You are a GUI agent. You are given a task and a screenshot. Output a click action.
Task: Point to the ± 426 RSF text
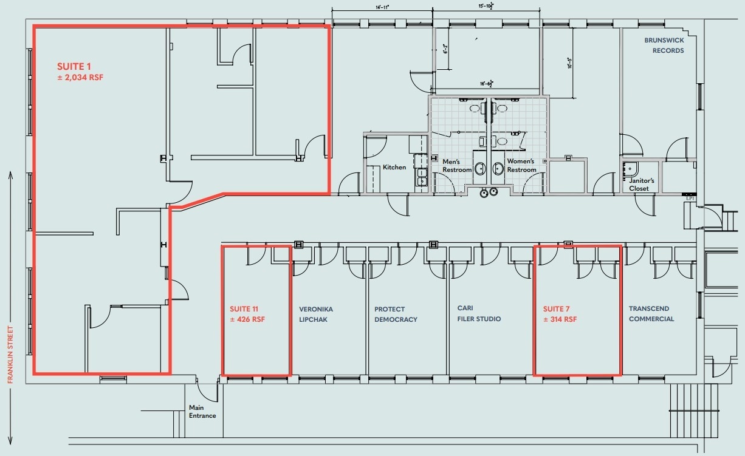247,319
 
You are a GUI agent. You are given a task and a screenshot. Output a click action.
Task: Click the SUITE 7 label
557,308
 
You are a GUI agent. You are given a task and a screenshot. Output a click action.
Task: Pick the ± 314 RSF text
560,319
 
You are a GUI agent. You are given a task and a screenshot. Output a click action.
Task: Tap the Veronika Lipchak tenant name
316,314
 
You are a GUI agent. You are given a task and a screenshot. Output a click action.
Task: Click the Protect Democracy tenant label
396,314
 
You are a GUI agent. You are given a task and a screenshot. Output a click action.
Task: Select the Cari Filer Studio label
479,313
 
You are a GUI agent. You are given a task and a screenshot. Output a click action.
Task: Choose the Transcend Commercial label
651,314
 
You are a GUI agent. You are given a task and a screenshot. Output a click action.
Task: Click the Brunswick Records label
664,46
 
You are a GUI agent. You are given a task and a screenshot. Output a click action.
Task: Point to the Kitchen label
394,168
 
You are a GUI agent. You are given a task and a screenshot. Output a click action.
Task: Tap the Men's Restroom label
457,165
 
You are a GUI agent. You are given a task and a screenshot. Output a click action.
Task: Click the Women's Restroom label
521,165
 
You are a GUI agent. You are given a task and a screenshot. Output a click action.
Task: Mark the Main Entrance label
202,412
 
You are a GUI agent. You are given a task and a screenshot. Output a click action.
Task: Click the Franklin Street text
10,354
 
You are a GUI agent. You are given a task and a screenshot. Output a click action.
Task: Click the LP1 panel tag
690,198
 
